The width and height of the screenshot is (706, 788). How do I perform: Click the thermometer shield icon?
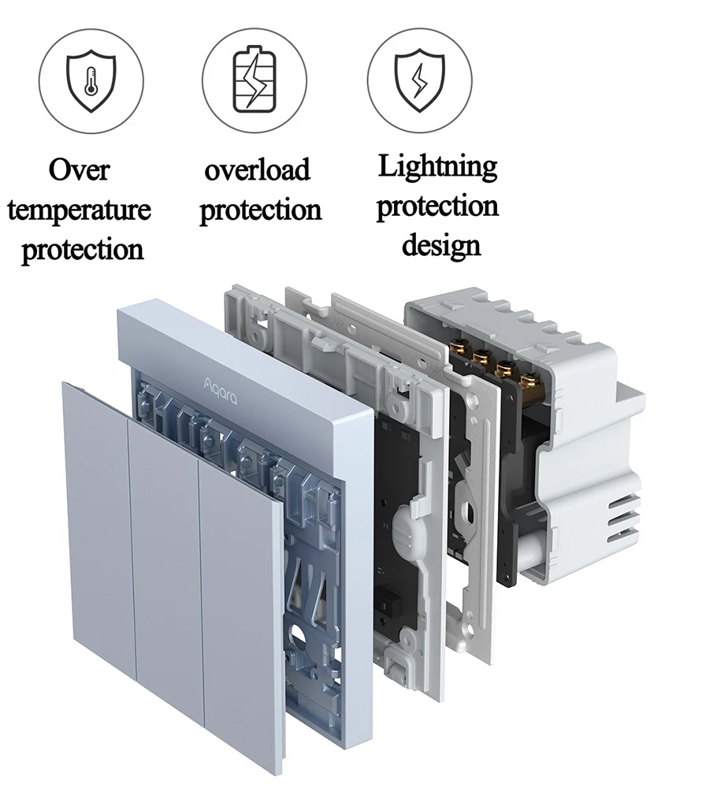(x=91, y=80)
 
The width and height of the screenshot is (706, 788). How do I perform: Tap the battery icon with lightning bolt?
(x=255, y=79)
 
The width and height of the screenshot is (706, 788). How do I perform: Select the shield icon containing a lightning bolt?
(x=419, y=80)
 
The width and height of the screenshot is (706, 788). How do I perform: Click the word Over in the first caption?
(x=79, y=169)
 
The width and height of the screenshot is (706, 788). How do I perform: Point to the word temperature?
(x=79, y=210)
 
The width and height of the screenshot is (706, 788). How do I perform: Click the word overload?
(x=257, y=169)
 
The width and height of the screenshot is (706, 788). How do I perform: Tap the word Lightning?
(x=437, y=166)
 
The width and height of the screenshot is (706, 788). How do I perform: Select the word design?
(x=441, y=246)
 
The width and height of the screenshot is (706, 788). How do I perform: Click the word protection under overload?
(x=260, y=210)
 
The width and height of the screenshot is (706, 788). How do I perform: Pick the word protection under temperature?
(x=83, y=250)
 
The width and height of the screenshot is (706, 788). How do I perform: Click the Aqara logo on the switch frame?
(x=220, y=391)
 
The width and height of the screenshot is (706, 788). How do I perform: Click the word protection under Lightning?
(x=437, y=206)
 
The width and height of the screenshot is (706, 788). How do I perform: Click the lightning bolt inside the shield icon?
(x=418, y=81)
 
